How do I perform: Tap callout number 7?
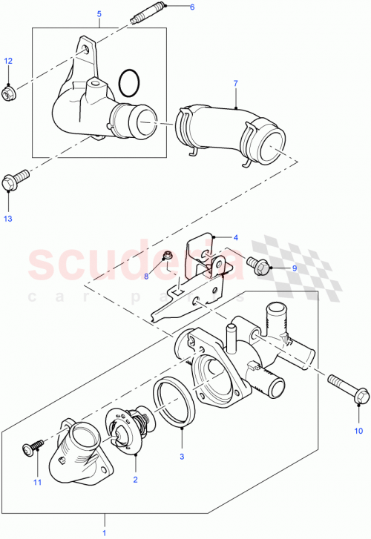[235, 84]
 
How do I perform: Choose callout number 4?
[235, 238]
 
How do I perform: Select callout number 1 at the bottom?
[105, 532]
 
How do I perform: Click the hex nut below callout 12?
[10, 93]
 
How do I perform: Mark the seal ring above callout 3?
[175, 402]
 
